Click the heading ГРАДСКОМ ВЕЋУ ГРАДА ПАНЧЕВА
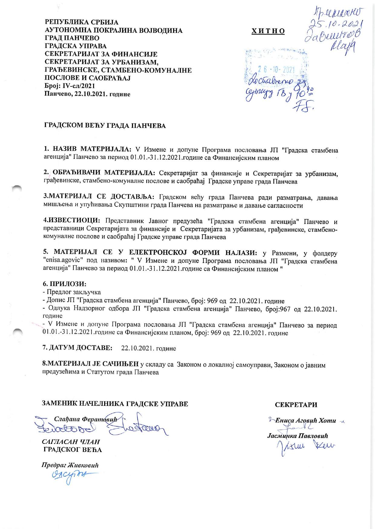coord(105,126)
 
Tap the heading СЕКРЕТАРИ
coord(296,405)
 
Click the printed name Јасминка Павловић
coord(297,436)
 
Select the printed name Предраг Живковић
coord(70,465)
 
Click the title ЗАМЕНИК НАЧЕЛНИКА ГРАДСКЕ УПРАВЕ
coord(115,404)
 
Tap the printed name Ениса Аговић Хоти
coord(305,421)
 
